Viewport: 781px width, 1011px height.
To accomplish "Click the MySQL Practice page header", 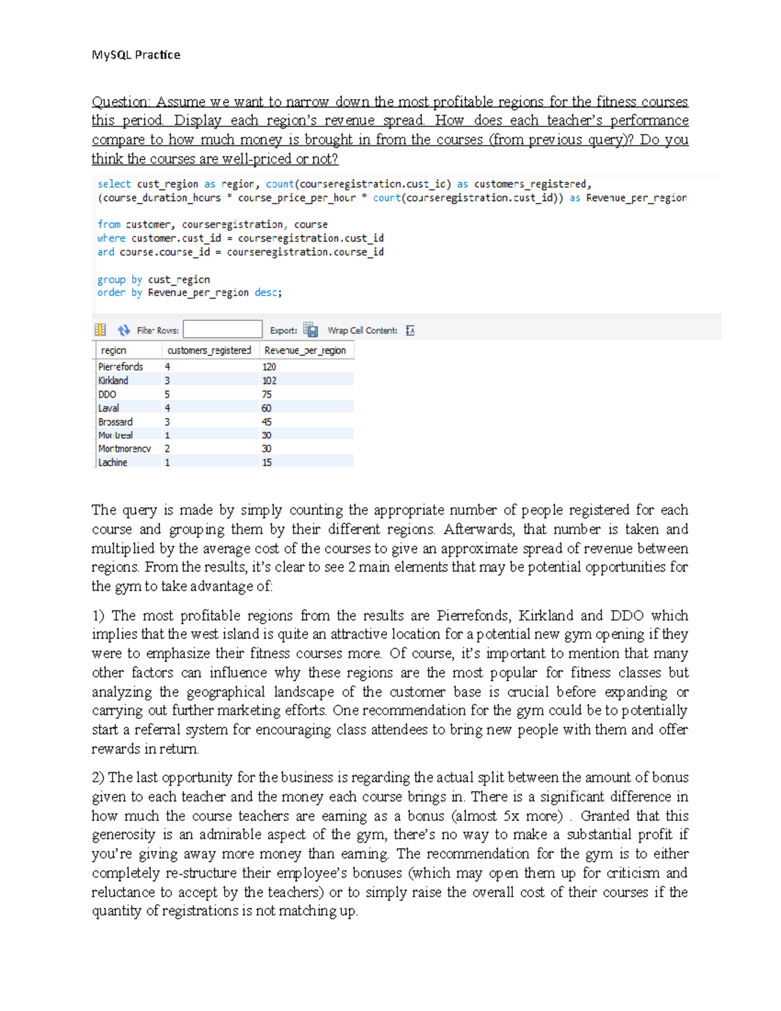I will coord(136,55).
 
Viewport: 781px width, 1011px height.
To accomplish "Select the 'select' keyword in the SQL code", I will coord(114,184).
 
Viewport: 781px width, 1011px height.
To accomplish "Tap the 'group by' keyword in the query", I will coord(120,279).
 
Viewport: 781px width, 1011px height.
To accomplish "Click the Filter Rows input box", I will coord(223,330).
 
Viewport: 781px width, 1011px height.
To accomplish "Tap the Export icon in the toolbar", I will coord(310,330).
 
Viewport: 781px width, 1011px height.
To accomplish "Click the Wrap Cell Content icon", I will coord(410,331).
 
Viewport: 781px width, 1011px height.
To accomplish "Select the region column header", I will coord(113,350).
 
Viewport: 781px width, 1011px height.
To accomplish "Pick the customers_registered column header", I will coord(209,350).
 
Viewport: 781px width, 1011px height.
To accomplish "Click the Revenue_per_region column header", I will coord(305,350).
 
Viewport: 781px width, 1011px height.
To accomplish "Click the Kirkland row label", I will coord(113,381).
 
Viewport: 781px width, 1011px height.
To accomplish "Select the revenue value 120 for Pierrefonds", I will coord(269,367).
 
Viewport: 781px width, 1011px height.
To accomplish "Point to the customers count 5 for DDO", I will coord(167,395).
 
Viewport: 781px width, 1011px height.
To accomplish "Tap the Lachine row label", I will coord(113,463).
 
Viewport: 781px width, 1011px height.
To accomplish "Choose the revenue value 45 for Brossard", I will coord(267,422).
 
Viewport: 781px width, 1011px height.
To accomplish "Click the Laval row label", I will coord(109,408).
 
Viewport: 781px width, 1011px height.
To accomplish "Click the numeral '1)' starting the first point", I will coord(98,616).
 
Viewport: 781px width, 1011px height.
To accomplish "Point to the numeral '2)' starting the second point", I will coord(98,777).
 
